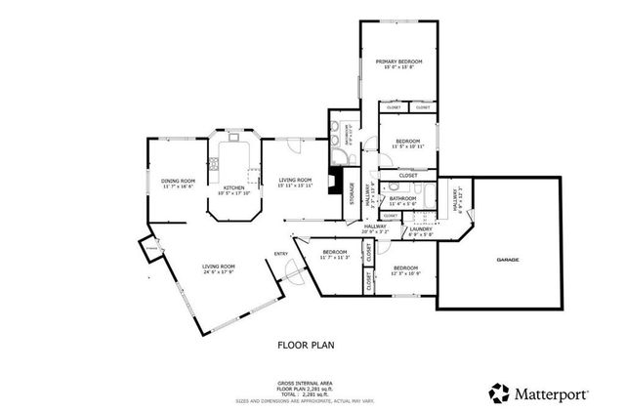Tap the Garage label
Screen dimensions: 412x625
507,260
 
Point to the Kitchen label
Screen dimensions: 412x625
234,189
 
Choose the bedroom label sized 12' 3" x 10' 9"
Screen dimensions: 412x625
405,269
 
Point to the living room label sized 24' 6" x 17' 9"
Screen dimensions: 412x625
219,269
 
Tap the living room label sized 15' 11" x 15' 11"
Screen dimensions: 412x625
295,183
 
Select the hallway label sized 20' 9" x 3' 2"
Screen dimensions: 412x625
376,230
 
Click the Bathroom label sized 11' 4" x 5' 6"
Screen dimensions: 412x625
402,200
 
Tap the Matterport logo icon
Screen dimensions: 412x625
499,392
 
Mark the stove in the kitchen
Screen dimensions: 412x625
252,175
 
